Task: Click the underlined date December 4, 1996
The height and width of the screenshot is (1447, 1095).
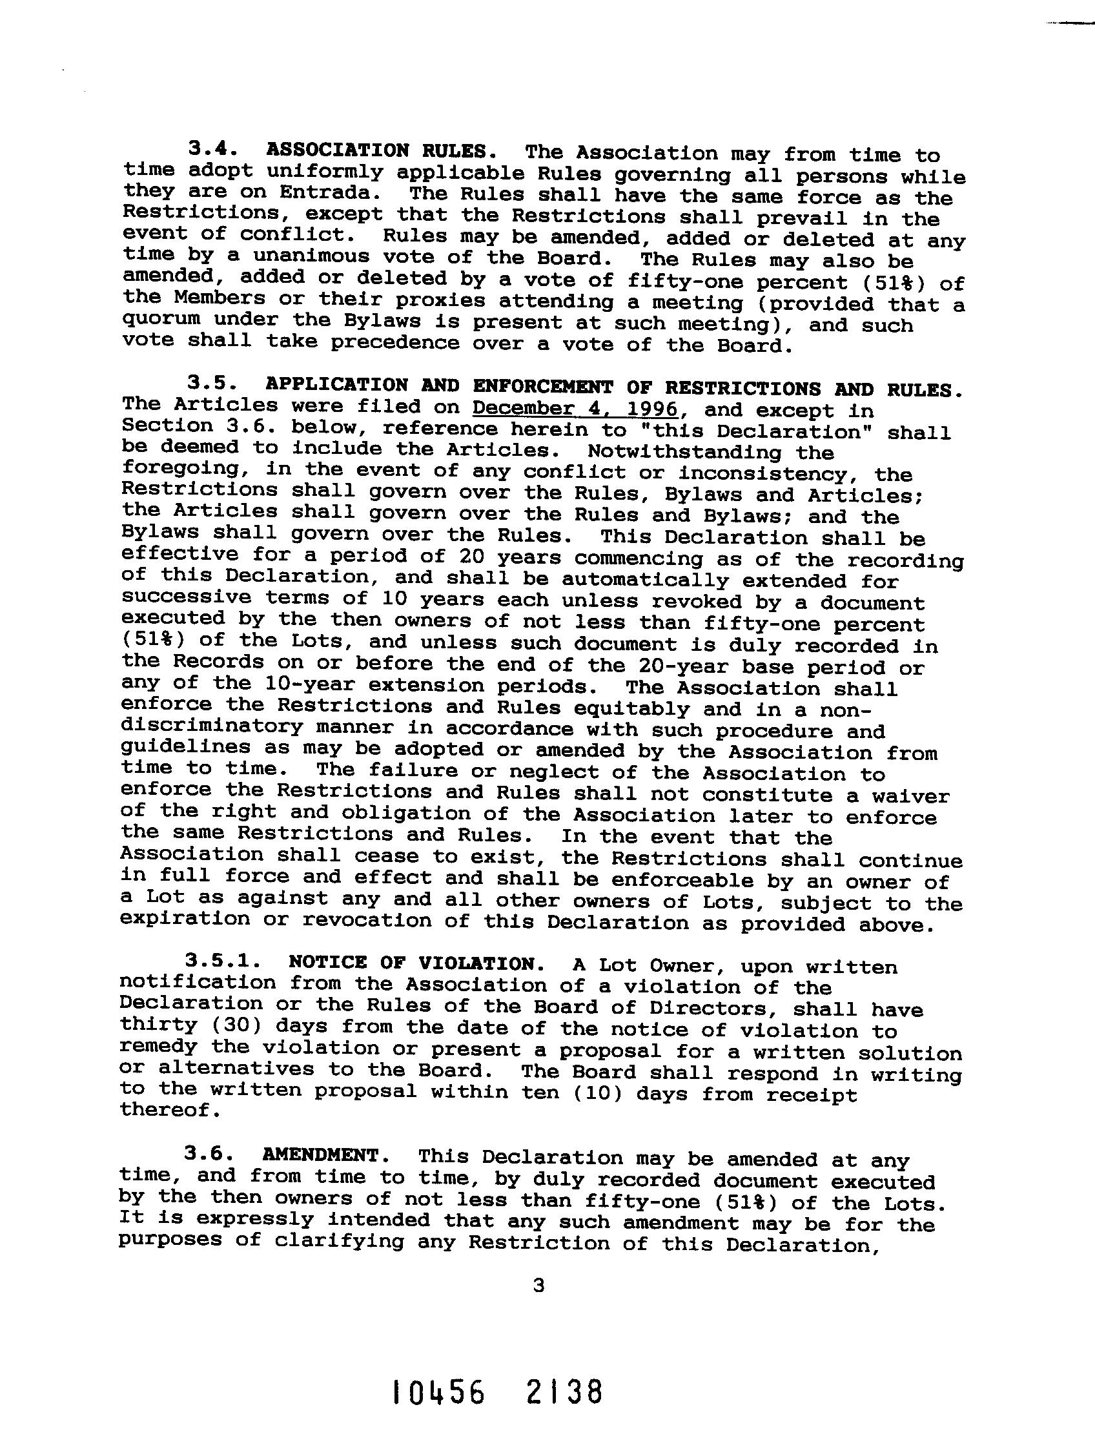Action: coord(575,408)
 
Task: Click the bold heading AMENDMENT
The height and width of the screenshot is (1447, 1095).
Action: coord(320,1155)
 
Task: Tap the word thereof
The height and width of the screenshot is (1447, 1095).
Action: coord(167,1109)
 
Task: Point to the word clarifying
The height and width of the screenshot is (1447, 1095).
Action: coord(339,1241)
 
